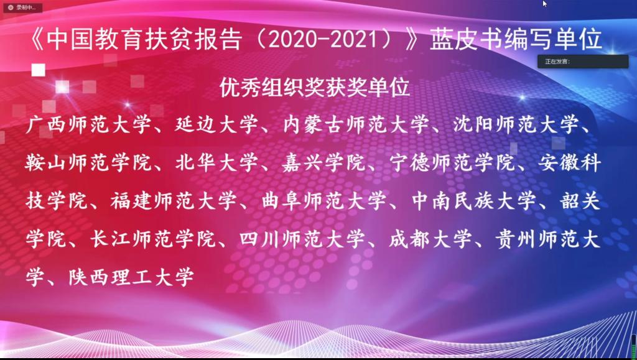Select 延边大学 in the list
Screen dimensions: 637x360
(216, 125)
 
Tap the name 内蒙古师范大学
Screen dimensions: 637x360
(356, 125)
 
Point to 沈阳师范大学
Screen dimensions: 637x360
(516, 125)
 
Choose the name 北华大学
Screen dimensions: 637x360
(216, 164)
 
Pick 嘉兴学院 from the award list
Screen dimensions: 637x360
(323, 164)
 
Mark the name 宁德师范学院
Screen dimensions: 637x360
(452, 164)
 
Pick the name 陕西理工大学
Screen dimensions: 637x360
(131, 277)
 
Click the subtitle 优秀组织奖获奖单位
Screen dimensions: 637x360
(314, 87)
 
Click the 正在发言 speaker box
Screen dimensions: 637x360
(583, 62)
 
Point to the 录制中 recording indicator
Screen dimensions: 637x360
(23, 7)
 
